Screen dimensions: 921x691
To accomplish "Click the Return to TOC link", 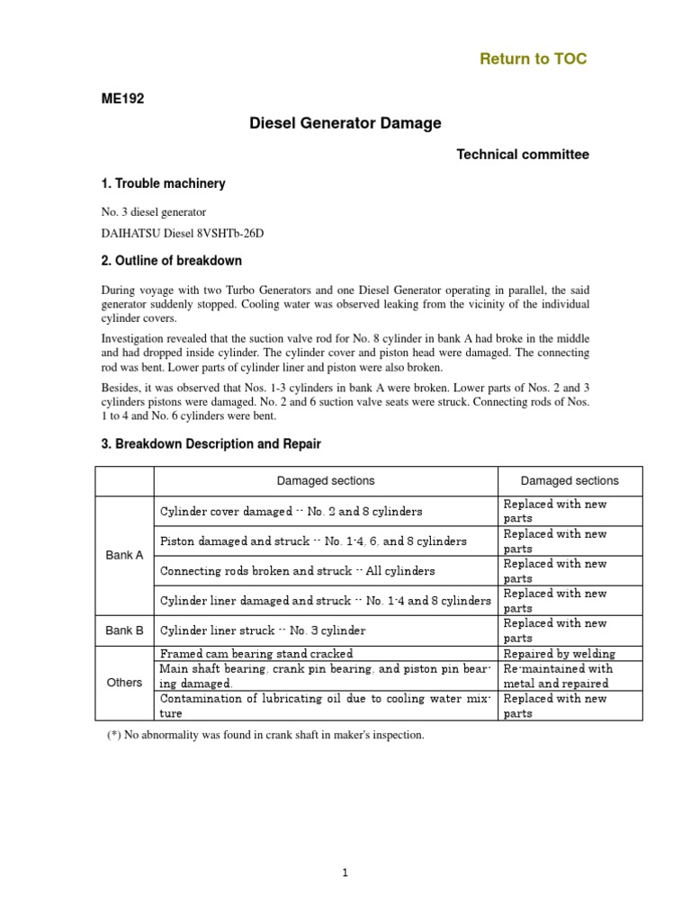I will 533,59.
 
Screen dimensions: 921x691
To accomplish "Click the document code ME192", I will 122,100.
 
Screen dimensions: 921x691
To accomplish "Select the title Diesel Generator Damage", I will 345,124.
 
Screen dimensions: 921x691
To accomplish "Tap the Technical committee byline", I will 523,155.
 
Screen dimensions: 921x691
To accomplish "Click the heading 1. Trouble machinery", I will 163,183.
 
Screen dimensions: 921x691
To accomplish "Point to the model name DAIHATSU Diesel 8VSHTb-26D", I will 183,233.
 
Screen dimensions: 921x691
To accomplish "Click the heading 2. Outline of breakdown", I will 171,261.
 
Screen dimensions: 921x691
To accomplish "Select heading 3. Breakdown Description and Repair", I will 211,444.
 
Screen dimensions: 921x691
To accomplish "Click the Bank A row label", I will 124,555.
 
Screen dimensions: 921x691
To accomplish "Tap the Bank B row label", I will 124,630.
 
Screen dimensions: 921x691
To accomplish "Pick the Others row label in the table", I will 124,683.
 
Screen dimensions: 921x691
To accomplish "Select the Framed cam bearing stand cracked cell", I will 256,654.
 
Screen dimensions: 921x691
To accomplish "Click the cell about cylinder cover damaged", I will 291,511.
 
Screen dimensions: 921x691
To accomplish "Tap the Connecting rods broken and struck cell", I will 297,570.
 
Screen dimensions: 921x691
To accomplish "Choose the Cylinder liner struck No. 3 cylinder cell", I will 263,630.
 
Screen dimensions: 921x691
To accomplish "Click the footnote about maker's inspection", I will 265,735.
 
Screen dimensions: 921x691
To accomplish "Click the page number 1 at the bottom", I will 345,872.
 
